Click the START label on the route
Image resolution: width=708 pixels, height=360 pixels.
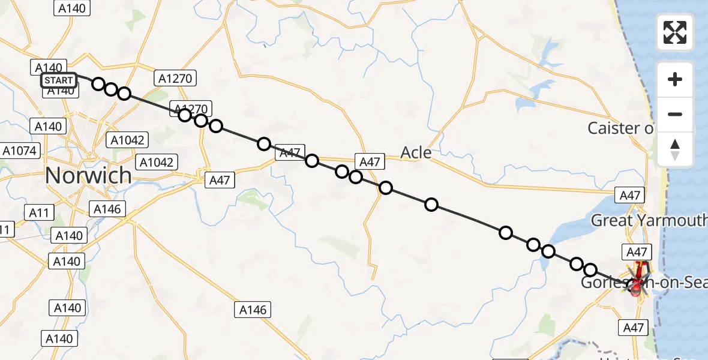(x=59, y=80)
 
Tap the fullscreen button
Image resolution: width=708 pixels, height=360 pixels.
(x=675, y=32)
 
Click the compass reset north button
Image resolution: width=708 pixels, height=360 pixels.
(x=675, y=149)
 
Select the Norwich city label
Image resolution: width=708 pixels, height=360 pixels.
(x=88, y=175)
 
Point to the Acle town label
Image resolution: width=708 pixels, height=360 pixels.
(x=416, y=152)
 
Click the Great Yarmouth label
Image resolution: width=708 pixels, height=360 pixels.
(x=649, y=220)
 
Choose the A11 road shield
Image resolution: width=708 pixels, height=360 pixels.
(x=40, y=212)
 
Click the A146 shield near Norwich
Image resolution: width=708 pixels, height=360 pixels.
(x=108, y=209)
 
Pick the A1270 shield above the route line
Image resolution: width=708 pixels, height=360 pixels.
(x=175, y=77)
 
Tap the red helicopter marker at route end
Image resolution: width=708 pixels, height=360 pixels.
(x=636, y=290)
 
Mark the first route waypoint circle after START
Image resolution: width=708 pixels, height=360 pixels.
(x=98, y=84)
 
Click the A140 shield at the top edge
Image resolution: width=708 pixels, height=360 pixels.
(x=72, y=8)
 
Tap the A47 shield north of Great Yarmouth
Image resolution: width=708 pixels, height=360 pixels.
(x=630, y=195)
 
